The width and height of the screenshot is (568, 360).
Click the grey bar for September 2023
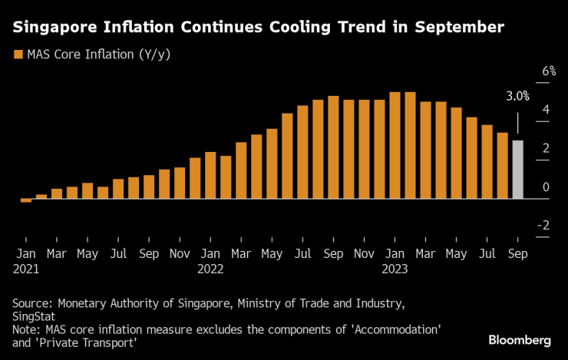click(517, 170)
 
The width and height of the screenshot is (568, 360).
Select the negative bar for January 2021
click(26, 200)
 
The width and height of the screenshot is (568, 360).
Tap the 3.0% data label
click(517, 97)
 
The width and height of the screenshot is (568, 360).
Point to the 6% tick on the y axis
click(548, 71)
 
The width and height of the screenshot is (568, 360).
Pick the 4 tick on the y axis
click(546, 110)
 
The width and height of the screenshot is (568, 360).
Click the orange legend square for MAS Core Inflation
click(18, 54)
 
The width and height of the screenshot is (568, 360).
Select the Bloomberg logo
click(520, 339)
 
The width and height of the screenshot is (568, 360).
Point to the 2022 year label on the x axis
click(210, 269)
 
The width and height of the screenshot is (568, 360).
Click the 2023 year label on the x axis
click(395, 269)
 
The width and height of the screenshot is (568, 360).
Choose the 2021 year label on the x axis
click(26, 269)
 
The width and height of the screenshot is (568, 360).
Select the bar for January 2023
click(395, 145)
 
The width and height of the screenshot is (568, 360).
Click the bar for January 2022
click(210, 175)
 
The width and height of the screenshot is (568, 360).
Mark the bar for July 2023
click(487, 161)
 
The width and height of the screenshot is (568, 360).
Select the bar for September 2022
click(333, 147)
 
